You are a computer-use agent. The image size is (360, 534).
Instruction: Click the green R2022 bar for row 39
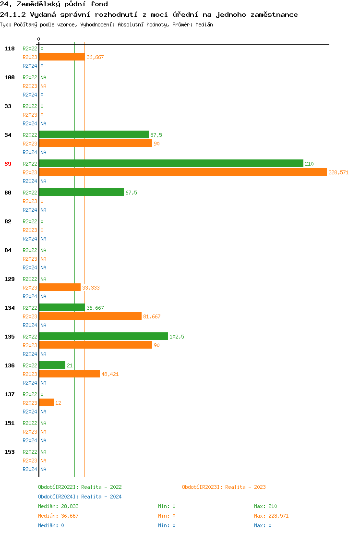[171, 163]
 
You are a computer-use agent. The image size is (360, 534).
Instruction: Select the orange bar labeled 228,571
[182, 172]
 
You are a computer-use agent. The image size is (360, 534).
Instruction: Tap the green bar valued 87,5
[94, 134]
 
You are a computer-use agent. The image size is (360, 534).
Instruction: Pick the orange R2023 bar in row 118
[62, 57]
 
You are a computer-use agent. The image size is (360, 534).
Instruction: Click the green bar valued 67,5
[81, 192]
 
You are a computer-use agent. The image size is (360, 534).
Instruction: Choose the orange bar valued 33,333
[60, 287]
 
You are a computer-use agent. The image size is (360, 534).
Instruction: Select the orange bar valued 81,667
[90, 316]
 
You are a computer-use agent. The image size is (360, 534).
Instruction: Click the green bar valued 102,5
[103, 336]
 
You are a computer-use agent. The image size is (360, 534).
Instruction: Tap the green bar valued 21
[52, 365]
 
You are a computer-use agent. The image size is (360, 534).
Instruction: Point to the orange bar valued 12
[46, 402]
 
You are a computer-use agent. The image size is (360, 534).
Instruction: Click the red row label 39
[8, 164]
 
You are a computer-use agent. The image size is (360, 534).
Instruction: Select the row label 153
[10, 452]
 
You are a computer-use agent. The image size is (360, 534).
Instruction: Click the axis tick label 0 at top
[39, 39]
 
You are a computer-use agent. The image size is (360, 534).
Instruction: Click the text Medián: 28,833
[58, 506]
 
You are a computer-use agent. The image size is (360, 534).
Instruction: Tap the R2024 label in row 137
[30, 412]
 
